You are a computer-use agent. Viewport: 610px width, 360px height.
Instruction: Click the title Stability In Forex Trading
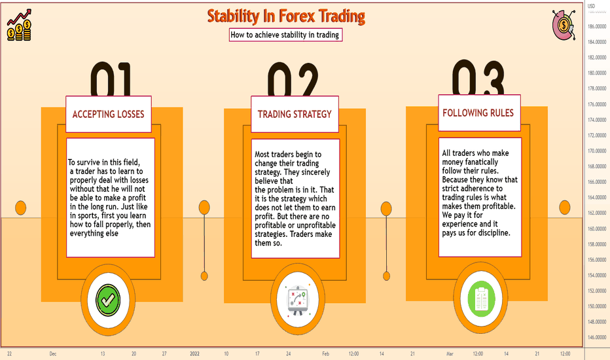coord(286,16)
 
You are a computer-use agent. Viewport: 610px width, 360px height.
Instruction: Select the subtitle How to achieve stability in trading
coord(285,35)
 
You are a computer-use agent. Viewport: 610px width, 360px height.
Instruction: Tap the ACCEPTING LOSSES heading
coord(108,114)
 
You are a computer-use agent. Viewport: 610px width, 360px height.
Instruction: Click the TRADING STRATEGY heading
coord(295,114)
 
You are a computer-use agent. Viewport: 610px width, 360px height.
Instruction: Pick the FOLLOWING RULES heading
coord(478,113)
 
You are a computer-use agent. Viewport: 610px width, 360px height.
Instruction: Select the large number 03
coord(478,77)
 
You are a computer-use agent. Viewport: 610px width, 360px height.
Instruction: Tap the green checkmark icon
coord(108,300)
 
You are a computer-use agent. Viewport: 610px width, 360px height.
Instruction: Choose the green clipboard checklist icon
coord(481,298)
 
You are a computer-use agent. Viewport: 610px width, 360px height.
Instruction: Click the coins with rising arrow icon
coord(19,26)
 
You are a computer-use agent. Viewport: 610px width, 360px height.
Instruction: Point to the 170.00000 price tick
coord(597,151)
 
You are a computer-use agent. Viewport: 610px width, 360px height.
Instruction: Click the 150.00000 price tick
coord(597,306)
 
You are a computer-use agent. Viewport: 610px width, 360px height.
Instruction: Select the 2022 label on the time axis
coord(194,353)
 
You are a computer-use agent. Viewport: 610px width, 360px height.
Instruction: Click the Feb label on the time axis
coord(326,353)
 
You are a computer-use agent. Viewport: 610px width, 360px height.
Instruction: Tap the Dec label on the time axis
coord(53,353)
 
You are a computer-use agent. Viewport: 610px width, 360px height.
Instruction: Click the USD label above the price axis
coord(591,7)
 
